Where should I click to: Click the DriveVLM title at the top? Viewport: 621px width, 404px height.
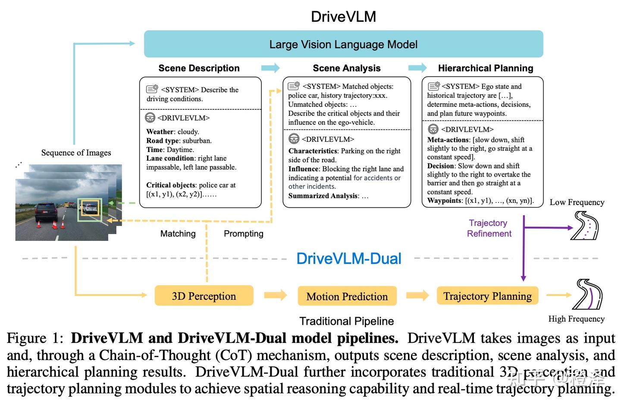[x=343, y=17]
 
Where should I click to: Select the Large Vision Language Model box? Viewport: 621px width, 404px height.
[x=343, y=44]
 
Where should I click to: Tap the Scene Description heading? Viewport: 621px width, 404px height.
[x=199, y=68]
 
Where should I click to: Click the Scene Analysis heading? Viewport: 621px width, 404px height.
[x=346, y=68]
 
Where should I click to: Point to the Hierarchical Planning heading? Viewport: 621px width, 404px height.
[x=485, y=68]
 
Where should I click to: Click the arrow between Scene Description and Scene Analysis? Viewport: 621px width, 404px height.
[x=270, y=68]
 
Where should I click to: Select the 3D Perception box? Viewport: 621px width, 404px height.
[x=204, y=296]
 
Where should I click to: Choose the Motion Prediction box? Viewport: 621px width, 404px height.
[x=347, y=296]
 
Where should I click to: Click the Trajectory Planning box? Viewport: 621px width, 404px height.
[x=487, y=296]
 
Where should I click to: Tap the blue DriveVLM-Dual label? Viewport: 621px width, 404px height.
[x=348, y=258]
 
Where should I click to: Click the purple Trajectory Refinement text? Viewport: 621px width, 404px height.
[x=489, y=228]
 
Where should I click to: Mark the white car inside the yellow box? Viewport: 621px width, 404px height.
[x=90, y=209]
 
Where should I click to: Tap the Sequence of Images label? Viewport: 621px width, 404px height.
[x=76, y=153]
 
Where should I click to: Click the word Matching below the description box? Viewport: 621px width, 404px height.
[x=178, y=233]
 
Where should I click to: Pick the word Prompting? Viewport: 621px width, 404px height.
[x=243, y=233]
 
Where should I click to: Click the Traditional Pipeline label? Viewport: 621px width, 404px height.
[x=346, y=321]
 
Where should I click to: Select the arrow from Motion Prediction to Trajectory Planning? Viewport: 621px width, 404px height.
[x=417, y=295]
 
